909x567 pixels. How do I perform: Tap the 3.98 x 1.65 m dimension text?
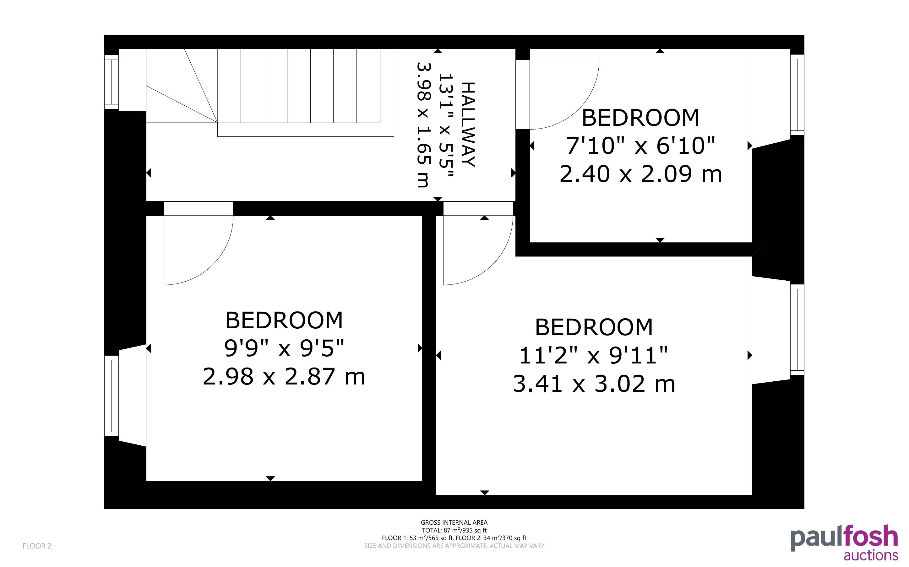point(423,125)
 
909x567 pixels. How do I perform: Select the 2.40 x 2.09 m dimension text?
point(640,174)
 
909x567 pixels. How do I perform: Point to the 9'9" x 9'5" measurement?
point(284,348)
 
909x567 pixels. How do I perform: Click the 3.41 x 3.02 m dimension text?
point(594,384)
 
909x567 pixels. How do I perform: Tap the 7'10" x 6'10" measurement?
point(640,146)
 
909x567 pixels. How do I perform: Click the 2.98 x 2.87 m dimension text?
point(284,377)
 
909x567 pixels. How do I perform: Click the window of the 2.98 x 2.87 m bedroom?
point(111,396)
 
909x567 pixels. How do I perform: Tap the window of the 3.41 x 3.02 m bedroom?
point(797,329)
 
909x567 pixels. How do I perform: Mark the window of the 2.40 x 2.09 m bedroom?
point(797,95)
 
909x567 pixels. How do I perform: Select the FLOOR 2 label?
point(37,546)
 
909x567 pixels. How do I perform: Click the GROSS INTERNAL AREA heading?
point(454,522)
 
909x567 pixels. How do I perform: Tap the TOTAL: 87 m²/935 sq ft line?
point(454,530)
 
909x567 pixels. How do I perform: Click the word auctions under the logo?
point(871,555)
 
